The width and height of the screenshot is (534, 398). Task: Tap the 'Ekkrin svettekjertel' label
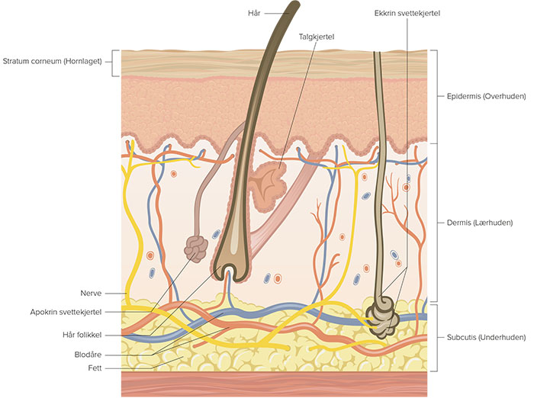coord(408,14)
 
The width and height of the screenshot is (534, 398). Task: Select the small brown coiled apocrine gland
coord(198,248)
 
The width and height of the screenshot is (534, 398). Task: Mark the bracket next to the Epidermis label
coord(435,97)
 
